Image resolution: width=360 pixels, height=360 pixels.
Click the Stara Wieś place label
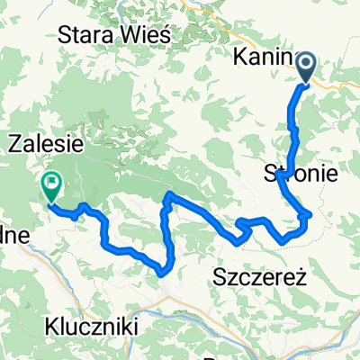pos(119,35)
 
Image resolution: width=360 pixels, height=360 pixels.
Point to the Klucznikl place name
pos(94,329)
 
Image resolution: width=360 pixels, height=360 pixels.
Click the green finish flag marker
pos(51,187)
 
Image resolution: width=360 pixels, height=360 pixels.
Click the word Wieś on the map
pos(153,35)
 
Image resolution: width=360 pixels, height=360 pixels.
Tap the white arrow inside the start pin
pos(306,65)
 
